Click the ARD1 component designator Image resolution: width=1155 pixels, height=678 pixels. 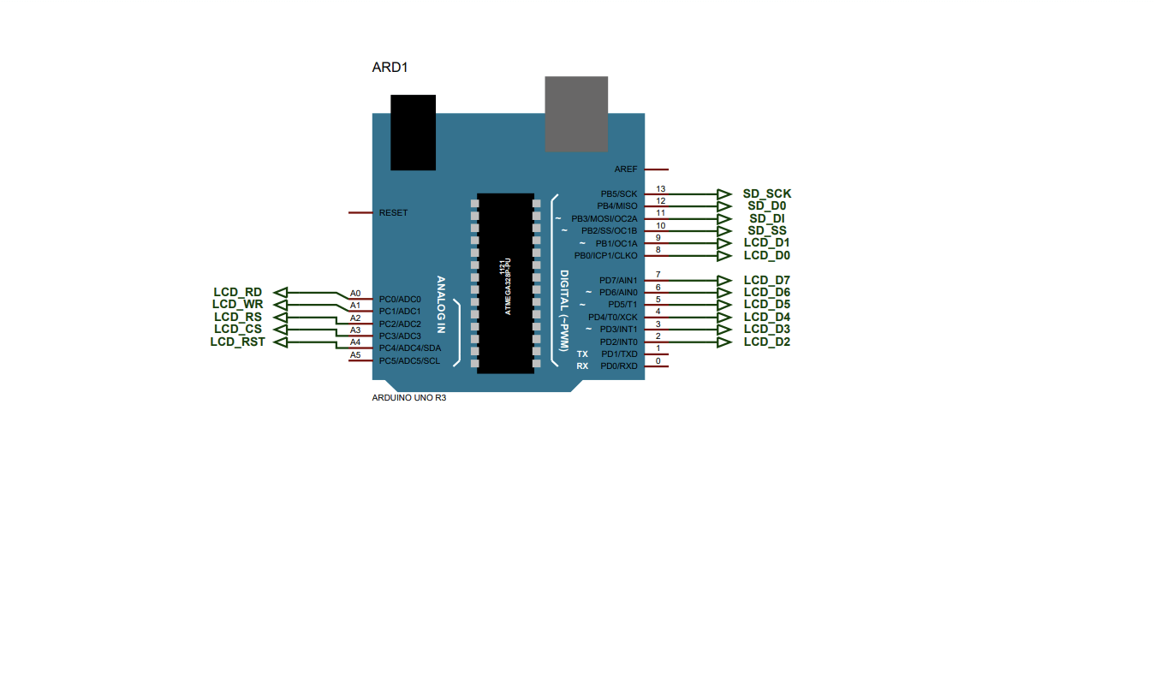389,67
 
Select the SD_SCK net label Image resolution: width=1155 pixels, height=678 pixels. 766,193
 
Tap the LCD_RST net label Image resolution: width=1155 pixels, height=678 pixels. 237,342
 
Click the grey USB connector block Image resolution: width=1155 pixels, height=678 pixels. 576,114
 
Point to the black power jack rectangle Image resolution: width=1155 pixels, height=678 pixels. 413,132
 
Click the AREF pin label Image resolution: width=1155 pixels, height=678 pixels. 626,169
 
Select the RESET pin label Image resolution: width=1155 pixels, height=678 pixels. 393,212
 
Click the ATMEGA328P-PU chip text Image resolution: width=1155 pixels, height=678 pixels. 507,287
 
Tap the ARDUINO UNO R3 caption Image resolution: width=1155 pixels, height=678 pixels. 408,398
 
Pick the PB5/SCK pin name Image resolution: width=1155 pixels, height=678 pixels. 618,194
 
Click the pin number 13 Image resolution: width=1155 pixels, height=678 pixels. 660,188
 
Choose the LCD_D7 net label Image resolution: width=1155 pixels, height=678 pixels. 766,280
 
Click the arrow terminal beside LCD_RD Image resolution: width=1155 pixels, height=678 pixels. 280,292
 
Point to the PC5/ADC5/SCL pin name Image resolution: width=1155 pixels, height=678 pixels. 409,360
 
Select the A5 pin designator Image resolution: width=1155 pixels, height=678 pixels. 355,354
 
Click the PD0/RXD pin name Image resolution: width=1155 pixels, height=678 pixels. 618,366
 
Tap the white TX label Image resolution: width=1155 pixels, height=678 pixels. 582,354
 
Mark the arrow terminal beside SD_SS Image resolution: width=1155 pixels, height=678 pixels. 723,231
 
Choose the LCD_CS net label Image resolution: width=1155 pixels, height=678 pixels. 237,329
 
